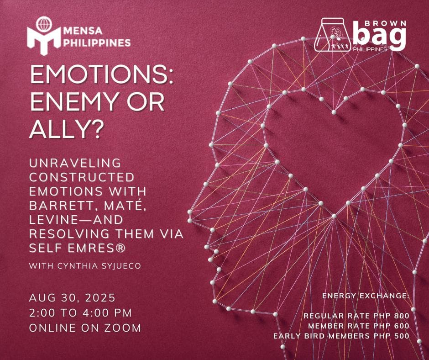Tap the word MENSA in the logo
point(83,31)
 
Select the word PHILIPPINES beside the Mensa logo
point(97,43)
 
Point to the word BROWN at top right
point(386,24)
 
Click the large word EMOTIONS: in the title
point(101,74)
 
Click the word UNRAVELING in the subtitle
point(75,163)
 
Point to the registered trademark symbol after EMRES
point(120,248)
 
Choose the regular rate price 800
point(402,316)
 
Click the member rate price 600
point(402,326)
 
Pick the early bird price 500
point(402,336)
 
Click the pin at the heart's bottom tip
point(334,216)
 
